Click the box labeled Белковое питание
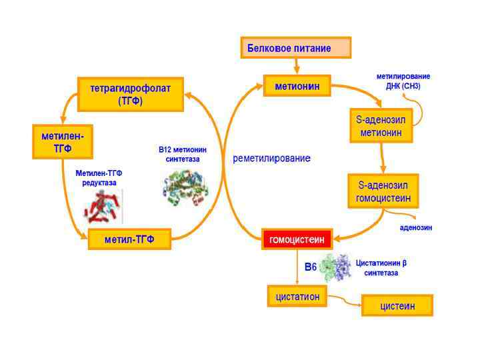click(295, 48)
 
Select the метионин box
click(297, 86)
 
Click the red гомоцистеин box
click(296, 239)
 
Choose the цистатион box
click(297, 296)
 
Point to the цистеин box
click(397, 305)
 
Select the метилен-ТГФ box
click(63, 141)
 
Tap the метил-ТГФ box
click(129, 239)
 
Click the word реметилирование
click(271, 159)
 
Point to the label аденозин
click(416, 227)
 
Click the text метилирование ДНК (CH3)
click(403, 81)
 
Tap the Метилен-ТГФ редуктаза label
click(99, 177)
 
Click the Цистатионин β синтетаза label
click(381, 267)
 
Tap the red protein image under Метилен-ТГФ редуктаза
click(102, 207)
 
